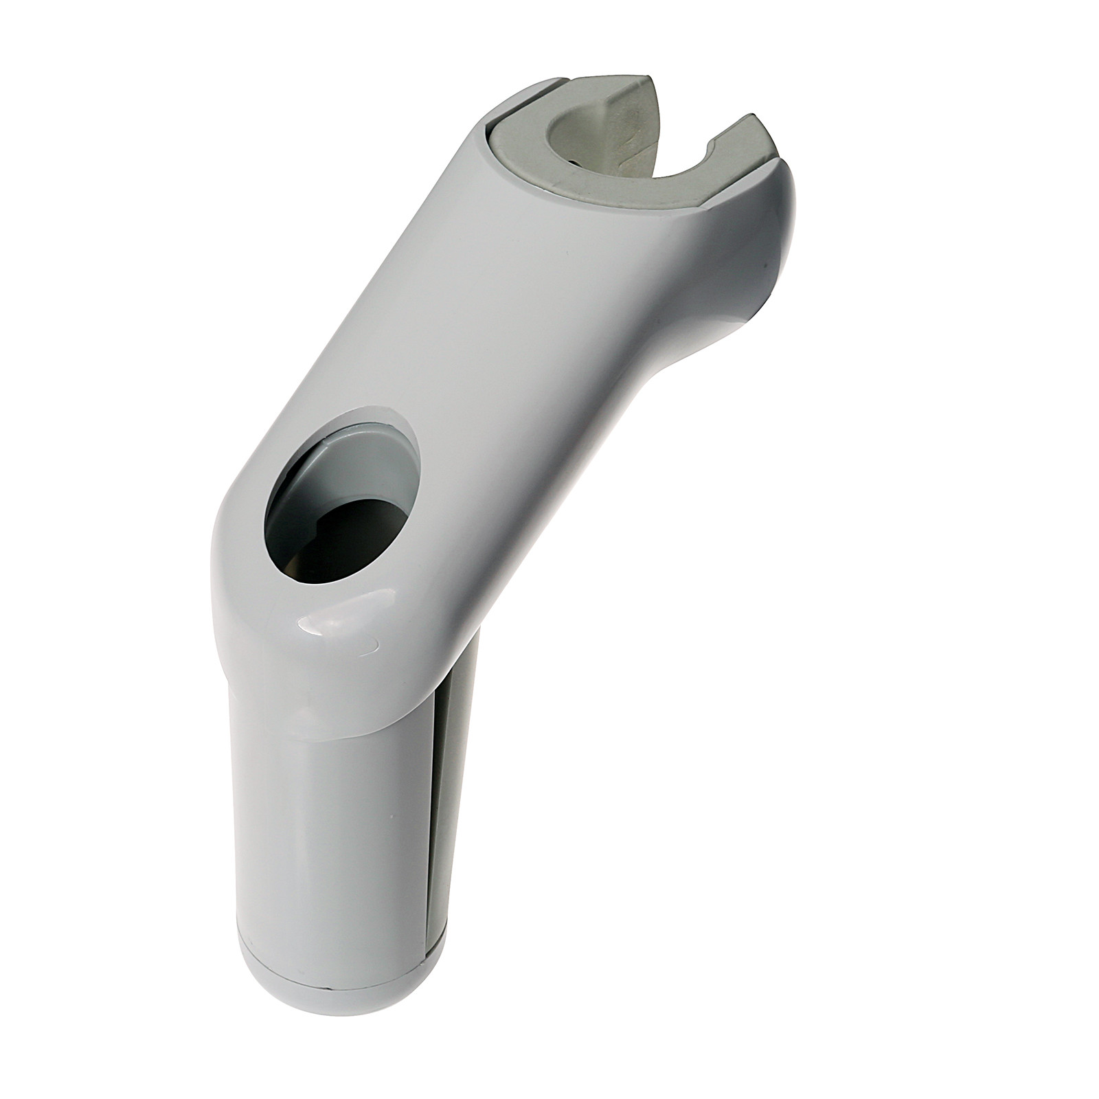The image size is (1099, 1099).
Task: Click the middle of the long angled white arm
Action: pos(508,343)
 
